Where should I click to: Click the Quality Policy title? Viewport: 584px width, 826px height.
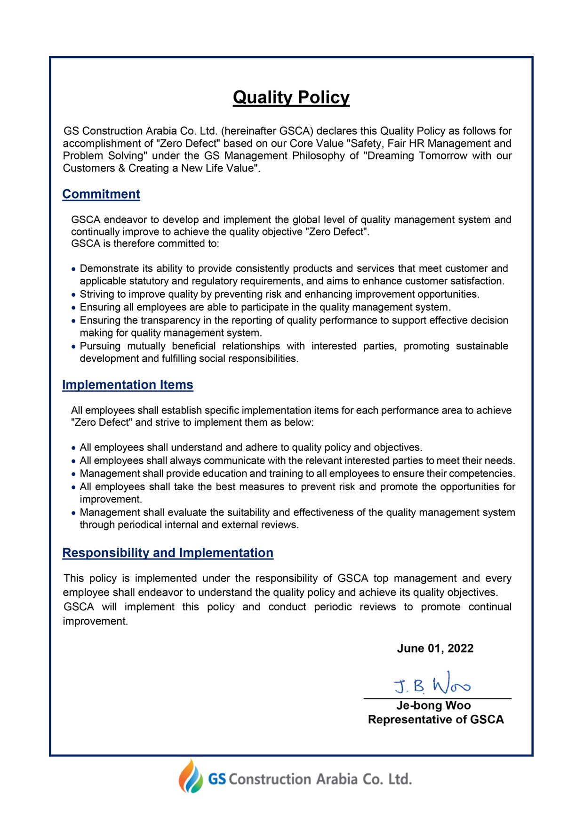[291, 97]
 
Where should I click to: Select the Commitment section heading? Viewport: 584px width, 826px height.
[101, 194]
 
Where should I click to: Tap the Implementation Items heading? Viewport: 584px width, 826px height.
[128, 385]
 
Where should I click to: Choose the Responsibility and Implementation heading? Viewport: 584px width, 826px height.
[168, 552]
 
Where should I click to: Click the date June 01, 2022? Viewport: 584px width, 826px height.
[435, 648]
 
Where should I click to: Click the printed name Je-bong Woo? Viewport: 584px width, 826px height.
[433, 705]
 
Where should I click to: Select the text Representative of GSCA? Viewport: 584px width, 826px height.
[436, 720]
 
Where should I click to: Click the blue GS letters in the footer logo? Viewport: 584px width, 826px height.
[217, 779]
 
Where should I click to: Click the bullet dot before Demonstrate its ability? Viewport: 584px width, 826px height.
[73, 269]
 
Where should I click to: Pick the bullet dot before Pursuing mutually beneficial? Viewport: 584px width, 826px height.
[73, 347]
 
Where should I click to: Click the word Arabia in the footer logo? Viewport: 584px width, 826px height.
[336, 779]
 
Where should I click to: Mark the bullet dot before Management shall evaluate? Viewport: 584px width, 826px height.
[73, 513]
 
